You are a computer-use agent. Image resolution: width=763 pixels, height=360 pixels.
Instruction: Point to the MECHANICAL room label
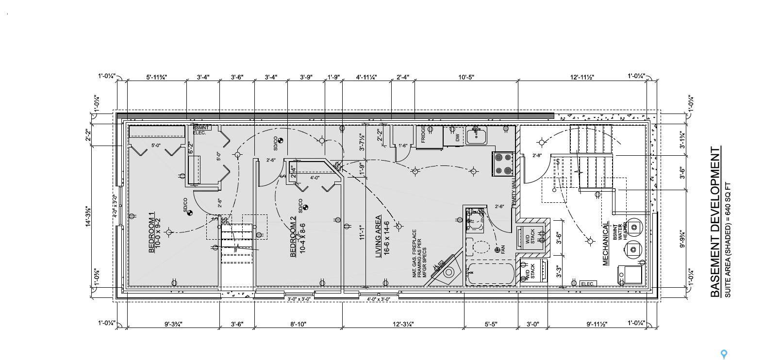point(606,244)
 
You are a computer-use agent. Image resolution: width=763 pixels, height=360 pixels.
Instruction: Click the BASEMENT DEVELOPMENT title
point(715,222)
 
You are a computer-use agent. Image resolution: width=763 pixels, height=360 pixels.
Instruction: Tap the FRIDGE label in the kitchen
point(423,133)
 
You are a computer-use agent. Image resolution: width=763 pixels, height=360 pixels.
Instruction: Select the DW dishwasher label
point(457,137)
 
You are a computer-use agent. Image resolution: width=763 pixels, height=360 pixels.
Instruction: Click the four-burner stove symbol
point(503,164)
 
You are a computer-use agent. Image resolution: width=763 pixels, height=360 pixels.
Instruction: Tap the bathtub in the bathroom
point(490,274)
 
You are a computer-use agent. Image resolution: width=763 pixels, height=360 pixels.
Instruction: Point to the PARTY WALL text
point(514,191)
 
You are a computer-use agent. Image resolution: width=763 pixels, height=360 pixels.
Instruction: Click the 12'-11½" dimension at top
point(582,77)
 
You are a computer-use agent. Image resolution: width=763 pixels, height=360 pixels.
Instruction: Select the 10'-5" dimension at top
point(465,77)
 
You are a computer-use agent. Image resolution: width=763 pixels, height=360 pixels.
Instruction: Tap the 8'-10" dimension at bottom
point(298,324)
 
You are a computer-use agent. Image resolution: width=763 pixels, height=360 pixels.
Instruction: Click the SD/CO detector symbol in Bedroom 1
point(189,213)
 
